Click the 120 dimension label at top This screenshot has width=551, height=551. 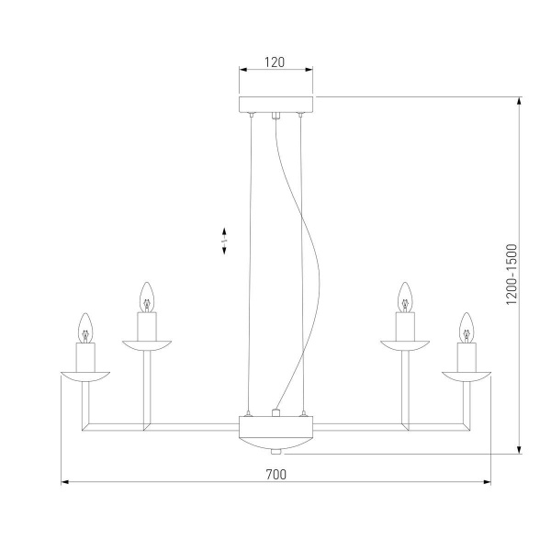[x=275, y=63]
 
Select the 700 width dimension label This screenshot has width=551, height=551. [x=275, y=474]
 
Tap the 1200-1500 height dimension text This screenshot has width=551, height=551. [x=512, y=275]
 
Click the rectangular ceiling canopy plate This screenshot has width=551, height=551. [x=275, y=104]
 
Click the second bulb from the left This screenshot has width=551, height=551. [x=145, y=298]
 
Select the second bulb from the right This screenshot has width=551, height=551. [x=404, y=298]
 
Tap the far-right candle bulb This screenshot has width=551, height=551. [x=466, y=328]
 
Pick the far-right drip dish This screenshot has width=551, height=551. [x=466, y=375]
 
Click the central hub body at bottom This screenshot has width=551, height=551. [x=275, y=429]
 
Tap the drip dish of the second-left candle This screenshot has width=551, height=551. [x=145, y=343]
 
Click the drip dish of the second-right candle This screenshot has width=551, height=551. [x=404, y=343]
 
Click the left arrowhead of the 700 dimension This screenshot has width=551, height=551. [x=65, y=482]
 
